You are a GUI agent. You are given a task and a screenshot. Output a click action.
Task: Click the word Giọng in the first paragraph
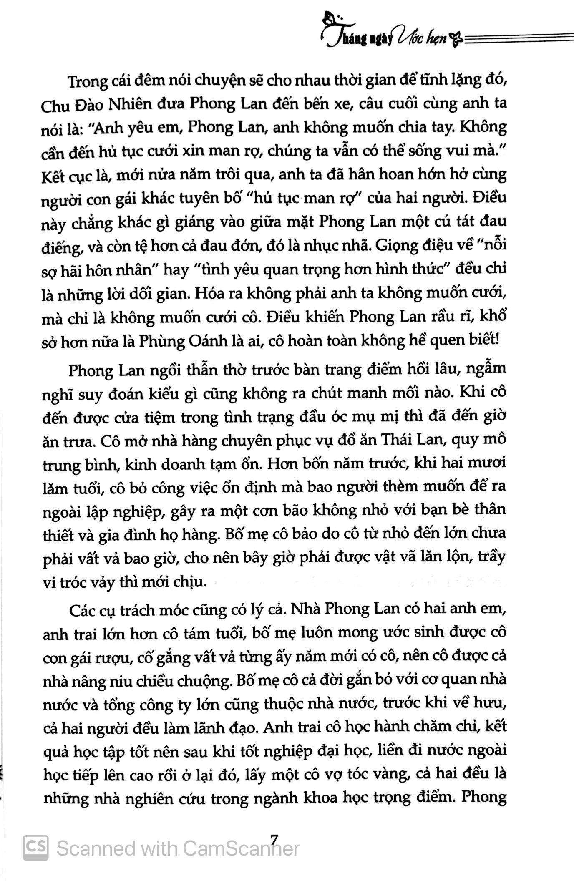(x=394, y=245)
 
